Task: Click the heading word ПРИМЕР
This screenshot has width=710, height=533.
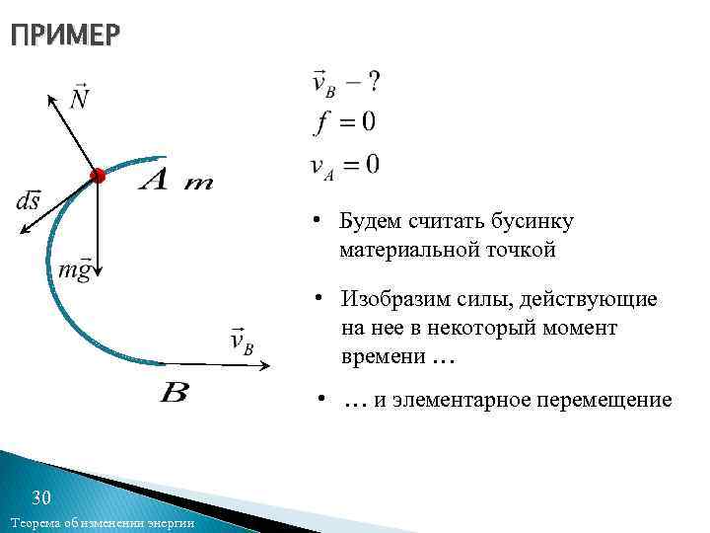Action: (x=65, y=38)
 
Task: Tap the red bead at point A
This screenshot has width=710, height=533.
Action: (x=97, y=176)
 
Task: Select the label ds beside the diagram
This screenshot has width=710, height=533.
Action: (x=28, y=200)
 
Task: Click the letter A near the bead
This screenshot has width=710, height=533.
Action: (x=157, y=181)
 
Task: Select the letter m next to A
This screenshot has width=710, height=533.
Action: (x=198, y=184)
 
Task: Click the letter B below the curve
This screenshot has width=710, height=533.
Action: (x=174, y=393)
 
